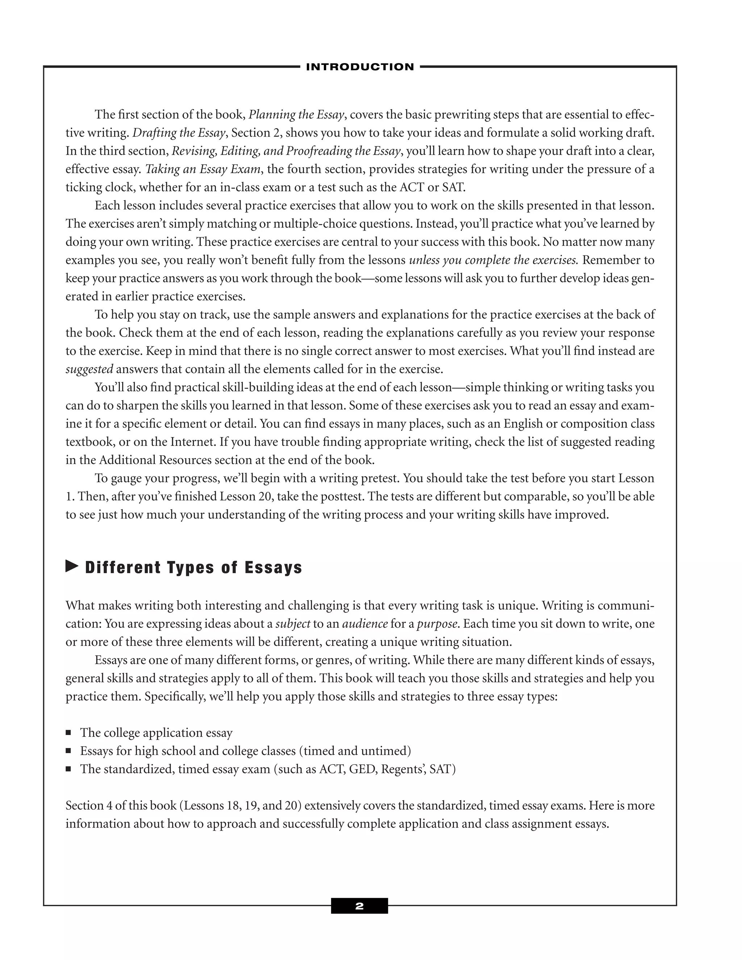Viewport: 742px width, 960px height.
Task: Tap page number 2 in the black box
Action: click(359, 906)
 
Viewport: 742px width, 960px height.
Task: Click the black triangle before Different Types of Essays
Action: click(72, 566)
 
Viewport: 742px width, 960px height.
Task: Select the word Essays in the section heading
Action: click(274, 568)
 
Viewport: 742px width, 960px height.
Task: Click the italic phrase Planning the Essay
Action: click(296, 115)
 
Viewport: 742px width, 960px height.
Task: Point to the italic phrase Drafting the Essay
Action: click(179, 133)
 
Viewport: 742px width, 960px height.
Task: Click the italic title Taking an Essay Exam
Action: click(203, 169)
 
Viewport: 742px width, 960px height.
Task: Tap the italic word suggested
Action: click(89, 369)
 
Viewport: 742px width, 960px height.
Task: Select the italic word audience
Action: click(365, 624)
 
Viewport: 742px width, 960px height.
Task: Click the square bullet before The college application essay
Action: click(68, 733)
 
